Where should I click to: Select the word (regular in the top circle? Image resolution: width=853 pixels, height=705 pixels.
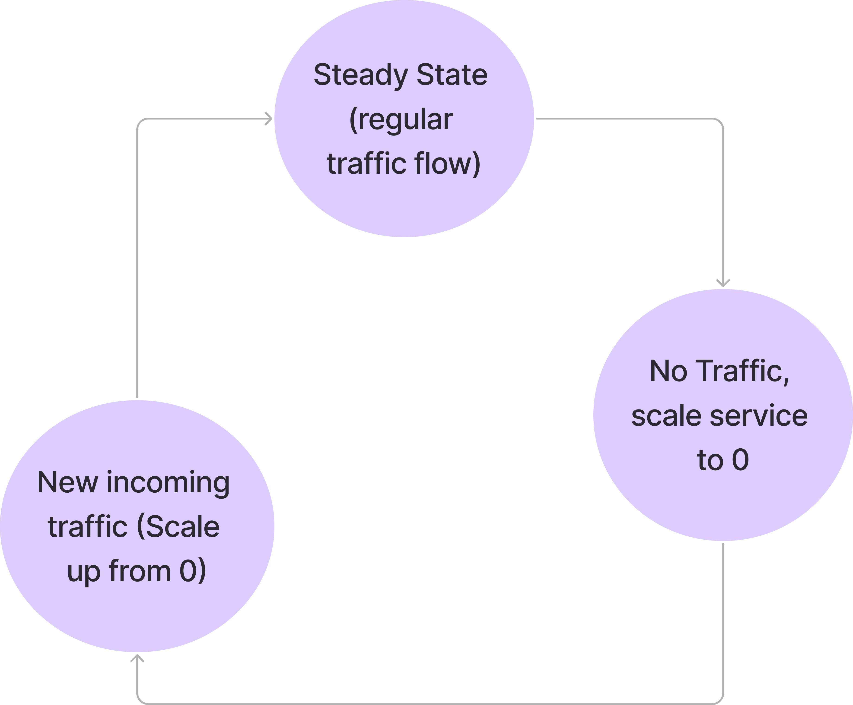pos(401,120)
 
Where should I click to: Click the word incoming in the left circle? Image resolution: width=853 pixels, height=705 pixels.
pos(168,484)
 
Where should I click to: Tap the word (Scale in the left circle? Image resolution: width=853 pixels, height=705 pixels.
pos(178,527)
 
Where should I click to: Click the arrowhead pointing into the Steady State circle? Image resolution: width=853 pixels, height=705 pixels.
pos(268,119)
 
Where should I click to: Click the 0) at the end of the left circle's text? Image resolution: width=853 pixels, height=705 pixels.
pos(193,571)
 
